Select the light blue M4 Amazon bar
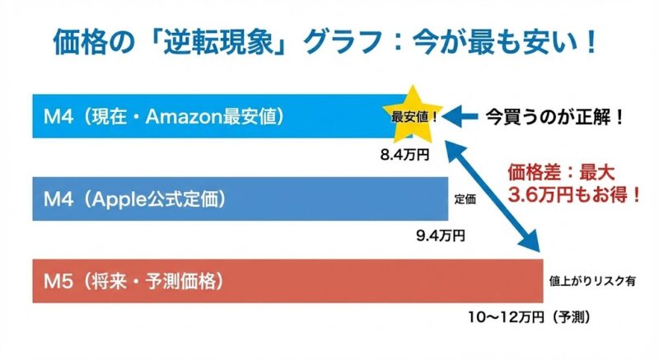[x=206, y=116]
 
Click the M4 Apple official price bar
[x=239, y=199]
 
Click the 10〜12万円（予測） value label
[x=527, y=316]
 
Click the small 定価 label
[x=465, y=199]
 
